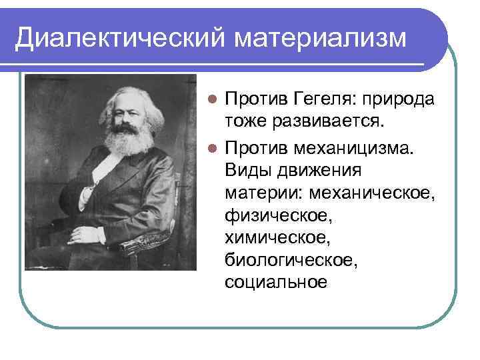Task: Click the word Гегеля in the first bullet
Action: coord(324,101)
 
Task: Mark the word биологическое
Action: coord(291,260)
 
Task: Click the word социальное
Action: coord(276,282)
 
